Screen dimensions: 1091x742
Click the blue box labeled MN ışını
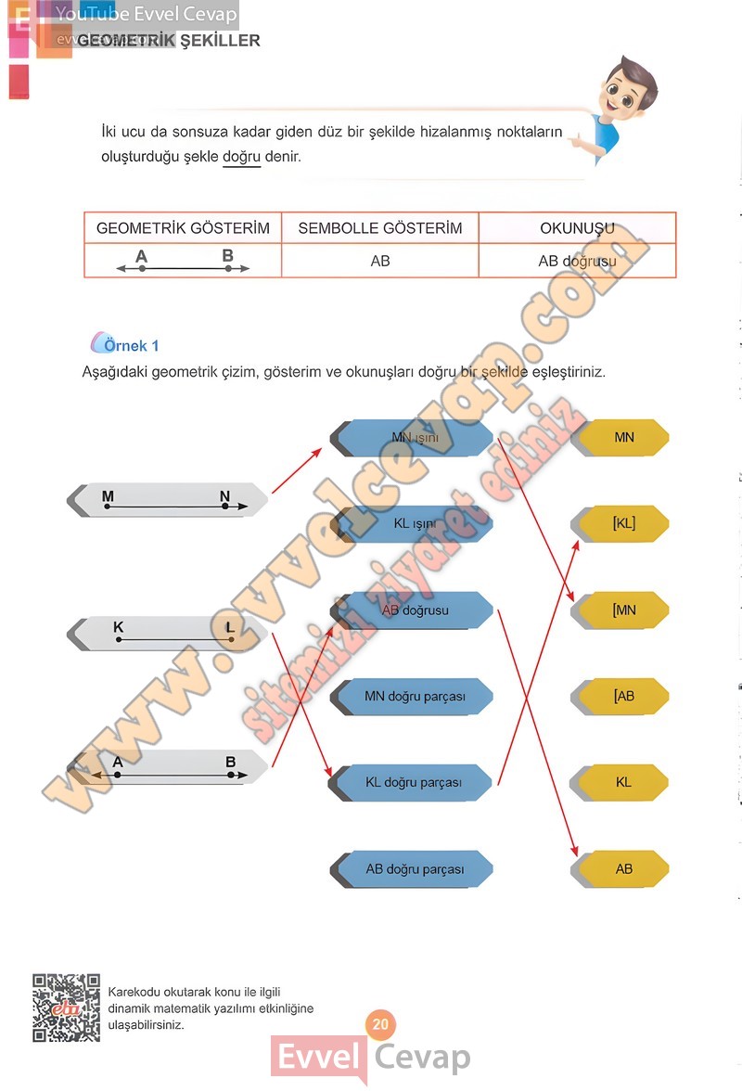coord(414,437)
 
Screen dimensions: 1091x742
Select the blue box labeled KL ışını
coord(414,523)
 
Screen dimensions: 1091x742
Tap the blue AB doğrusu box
coord(414,610)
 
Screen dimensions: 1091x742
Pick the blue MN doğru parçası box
coord(414,696)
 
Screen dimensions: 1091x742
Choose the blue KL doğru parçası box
coord(414,782)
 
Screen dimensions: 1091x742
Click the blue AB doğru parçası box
coord(414,869)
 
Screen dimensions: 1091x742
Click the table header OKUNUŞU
coord(577,228)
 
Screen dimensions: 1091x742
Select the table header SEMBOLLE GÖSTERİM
coord(380,228)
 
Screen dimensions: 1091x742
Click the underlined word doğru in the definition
coord(241,157)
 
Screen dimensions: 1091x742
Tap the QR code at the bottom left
coord(66,1007)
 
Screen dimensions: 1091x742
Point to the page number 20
coord(379,1025)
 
